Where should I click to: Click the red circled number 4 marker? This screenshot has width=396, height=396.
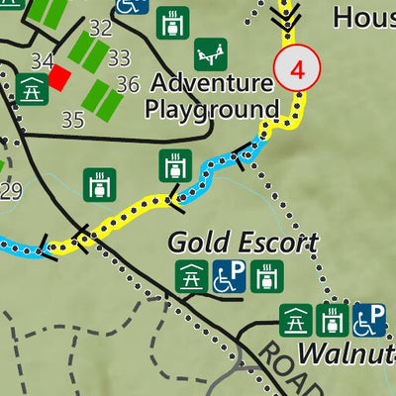coord(296,70)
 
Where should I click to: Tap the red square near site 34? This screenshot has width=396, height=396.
coord(60,77)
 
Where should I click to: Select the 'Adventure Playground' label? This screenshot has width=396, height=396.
coord(212,96)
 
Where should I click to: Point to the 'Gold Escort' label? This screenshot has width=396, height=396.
coord(243,243)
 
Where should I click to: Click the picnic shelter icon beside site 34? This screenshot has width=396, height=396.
coord(31,89)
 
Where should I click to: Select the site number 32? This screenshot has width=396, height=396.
coord(100,27)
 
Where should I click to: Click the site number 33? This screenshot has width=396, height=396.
coord(119,58)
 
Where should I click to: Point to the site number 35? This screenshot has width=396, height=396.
coord(72,121)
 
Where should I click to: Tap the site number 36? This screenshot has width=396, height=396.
coord(128,85)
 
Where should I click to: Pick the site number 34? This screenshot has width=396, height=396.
coord(42,62)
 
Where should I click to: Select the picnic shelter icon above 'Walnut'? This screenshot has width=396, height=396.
coord(295,320)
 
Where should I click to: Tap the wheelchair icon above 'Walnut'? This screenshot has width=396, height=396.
coord(369,320)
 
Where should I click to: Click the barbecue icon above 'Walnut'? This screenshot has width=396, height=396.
coord(332,320)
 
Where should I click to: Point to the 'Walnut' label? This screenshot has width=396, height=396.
coord(346,352)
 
